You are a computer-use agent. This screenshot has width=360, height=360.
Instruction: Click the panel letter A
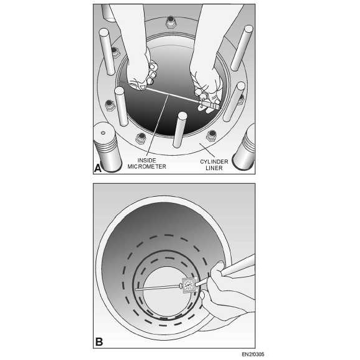tap(97, 168)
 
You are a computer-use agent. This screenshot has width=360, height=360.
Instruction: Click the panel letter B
tap(99, 342)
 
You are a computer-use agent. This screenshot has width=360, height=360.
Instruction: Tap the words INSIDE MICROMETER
tap(146, 163)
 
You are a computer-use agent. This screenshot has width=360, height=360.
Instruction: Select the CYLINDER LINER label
tap(214, 165)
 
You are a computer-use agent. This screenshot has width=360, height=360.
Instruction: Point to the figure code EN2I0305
tap(253, 354)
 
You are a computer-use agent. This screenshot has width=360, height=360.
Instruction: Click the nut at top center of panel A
tap(170, 22)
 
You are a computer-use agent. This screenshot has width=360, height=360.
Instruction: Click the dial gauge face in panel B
tap(189, 286)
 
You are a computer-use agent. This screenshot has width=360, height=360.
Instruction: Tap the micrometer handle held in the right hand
tap(210, 105)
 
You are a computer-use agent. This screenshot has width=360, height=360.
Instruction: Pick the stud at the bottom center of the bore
tap(180, 130)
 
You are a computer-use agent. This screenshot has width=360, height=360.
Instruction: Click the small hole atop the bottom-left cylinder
tap(103, 133)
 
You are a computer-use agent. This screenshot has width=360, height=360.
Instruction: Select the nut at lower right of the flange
tap(211, 136)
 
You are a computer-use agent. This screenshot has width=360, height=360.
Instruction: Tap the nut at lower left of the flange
tap(141, 138)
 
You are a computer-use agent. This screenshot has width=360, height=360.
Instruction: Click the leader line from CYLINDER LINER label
tap(207, 150)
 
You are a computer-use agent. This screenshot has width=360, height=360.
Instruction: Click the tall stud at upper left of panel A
tap(107, 52)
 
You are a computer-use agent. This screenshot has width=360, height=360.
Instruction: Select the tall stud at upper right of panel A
tap(242, 48)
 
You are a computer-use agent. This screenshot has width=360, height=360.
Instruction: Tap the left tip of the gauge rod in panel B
tap(135, 289)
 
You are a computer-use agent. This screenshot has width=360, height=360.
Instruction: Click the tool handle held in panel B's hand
tap(239, 266)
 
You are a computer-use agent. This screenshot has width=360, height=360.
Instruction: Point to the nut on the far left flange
tap(110, 105)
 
